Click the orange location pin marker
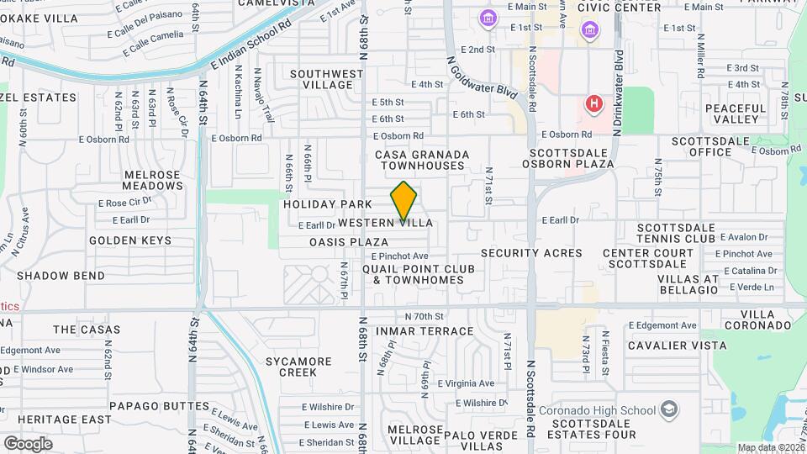tap(403, 201)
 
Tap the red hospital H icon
tap(594, 104)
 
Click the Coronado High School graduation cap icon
tap(669, 409)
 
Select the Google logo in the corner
tap(28, 444)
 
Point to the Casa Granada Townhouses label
tap(419, 160)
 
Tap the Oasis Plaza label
tap(349, 242)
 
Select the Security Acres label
tap(531, 253)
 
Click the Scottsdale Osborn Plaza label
tap(572, 158)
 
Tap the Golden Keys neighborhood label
tap(130, 240)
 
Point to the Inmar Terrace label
tap(436, 331)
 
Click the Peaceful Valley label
tap(736, 113)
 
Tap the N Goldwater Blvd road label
tap(480, 75)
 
